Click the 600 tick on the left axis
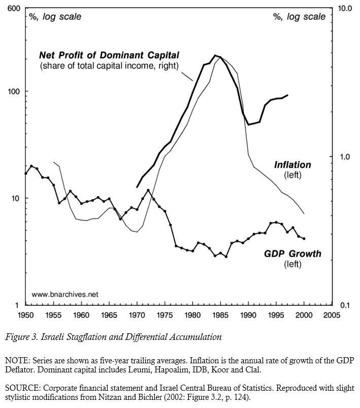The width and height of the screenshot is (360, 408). [x=13, y=9]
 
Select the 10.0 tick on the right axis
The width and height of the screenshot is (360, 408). [x=345, y=9]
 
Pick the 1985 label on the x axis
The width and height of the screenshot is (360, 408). [x=220, y=315]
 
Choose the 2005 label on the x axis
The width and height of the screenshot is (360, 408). [x=332, y=315]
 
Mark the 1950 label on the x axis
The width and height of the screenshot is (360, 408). [x=26, y=315]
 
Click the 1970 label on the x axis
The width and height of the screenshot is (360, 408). [x=137, y=315]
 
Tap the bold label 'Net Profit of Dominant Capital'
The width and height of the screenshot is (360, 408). [x=109, y=55]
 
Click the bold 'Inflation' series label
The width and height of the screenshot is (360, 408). [x=292, y=165]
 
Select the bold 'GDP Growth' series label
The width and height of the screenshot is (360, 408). [x=292, y=253]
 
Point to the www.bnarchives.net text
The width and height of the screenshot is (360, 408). [x=64, y=294]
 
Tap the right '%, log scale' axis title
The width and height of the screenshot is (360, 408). [x=300, y=17]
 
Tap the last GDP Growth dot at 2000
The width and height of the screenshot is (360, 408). [x=304, y=238]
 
